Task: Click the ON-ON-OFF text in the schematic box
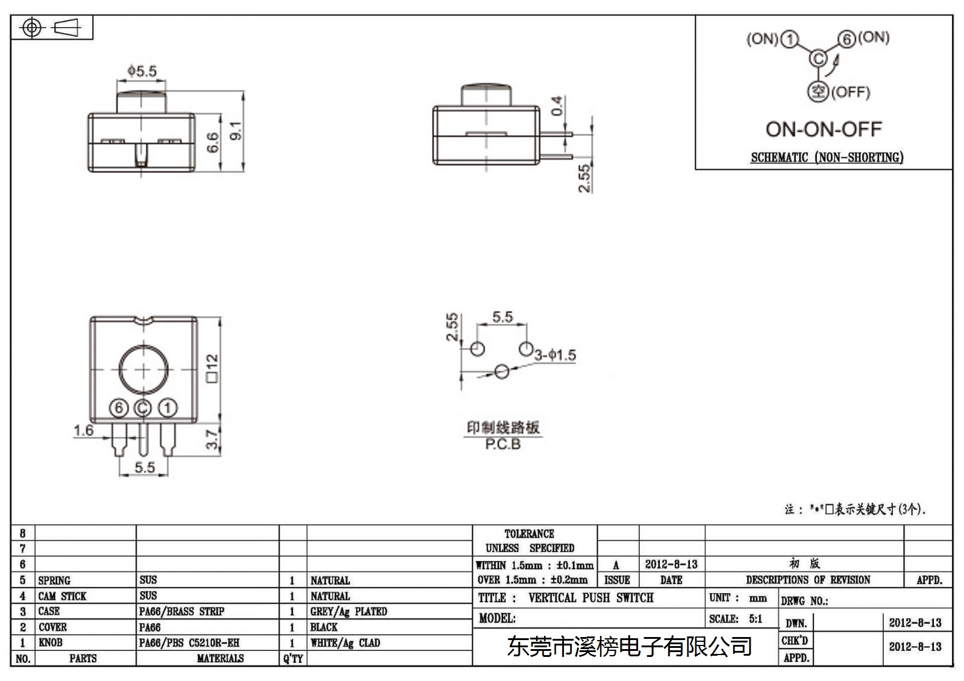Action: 824,129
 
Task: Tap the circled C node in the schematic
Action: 819,58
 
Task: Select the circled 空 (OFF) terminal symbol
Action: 818,92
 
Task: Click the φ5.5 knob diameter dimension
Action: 142,71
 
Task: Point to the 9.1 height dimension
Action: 236,130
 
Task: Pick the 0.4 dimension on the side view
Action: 557,106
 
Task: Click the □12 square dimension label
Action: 213,368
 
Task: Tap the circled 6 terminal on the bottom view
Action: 119,408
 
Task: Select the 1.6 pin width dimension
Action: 84,430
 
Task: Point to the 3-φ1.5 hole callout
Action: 555,355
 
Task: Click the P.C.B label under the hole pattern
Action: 502,444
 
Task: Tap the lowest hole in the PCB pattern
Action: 502,372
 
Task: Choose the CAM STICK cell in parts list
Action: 63,596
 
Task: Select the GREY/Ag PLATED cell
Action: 349,611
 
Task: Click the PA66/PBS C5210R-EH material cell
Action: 189,642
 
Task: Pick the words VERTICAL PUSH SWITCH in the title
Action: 591,597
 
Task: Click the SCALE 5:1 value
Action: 756,618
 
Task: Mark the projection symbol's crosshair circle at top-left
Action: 31,28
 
